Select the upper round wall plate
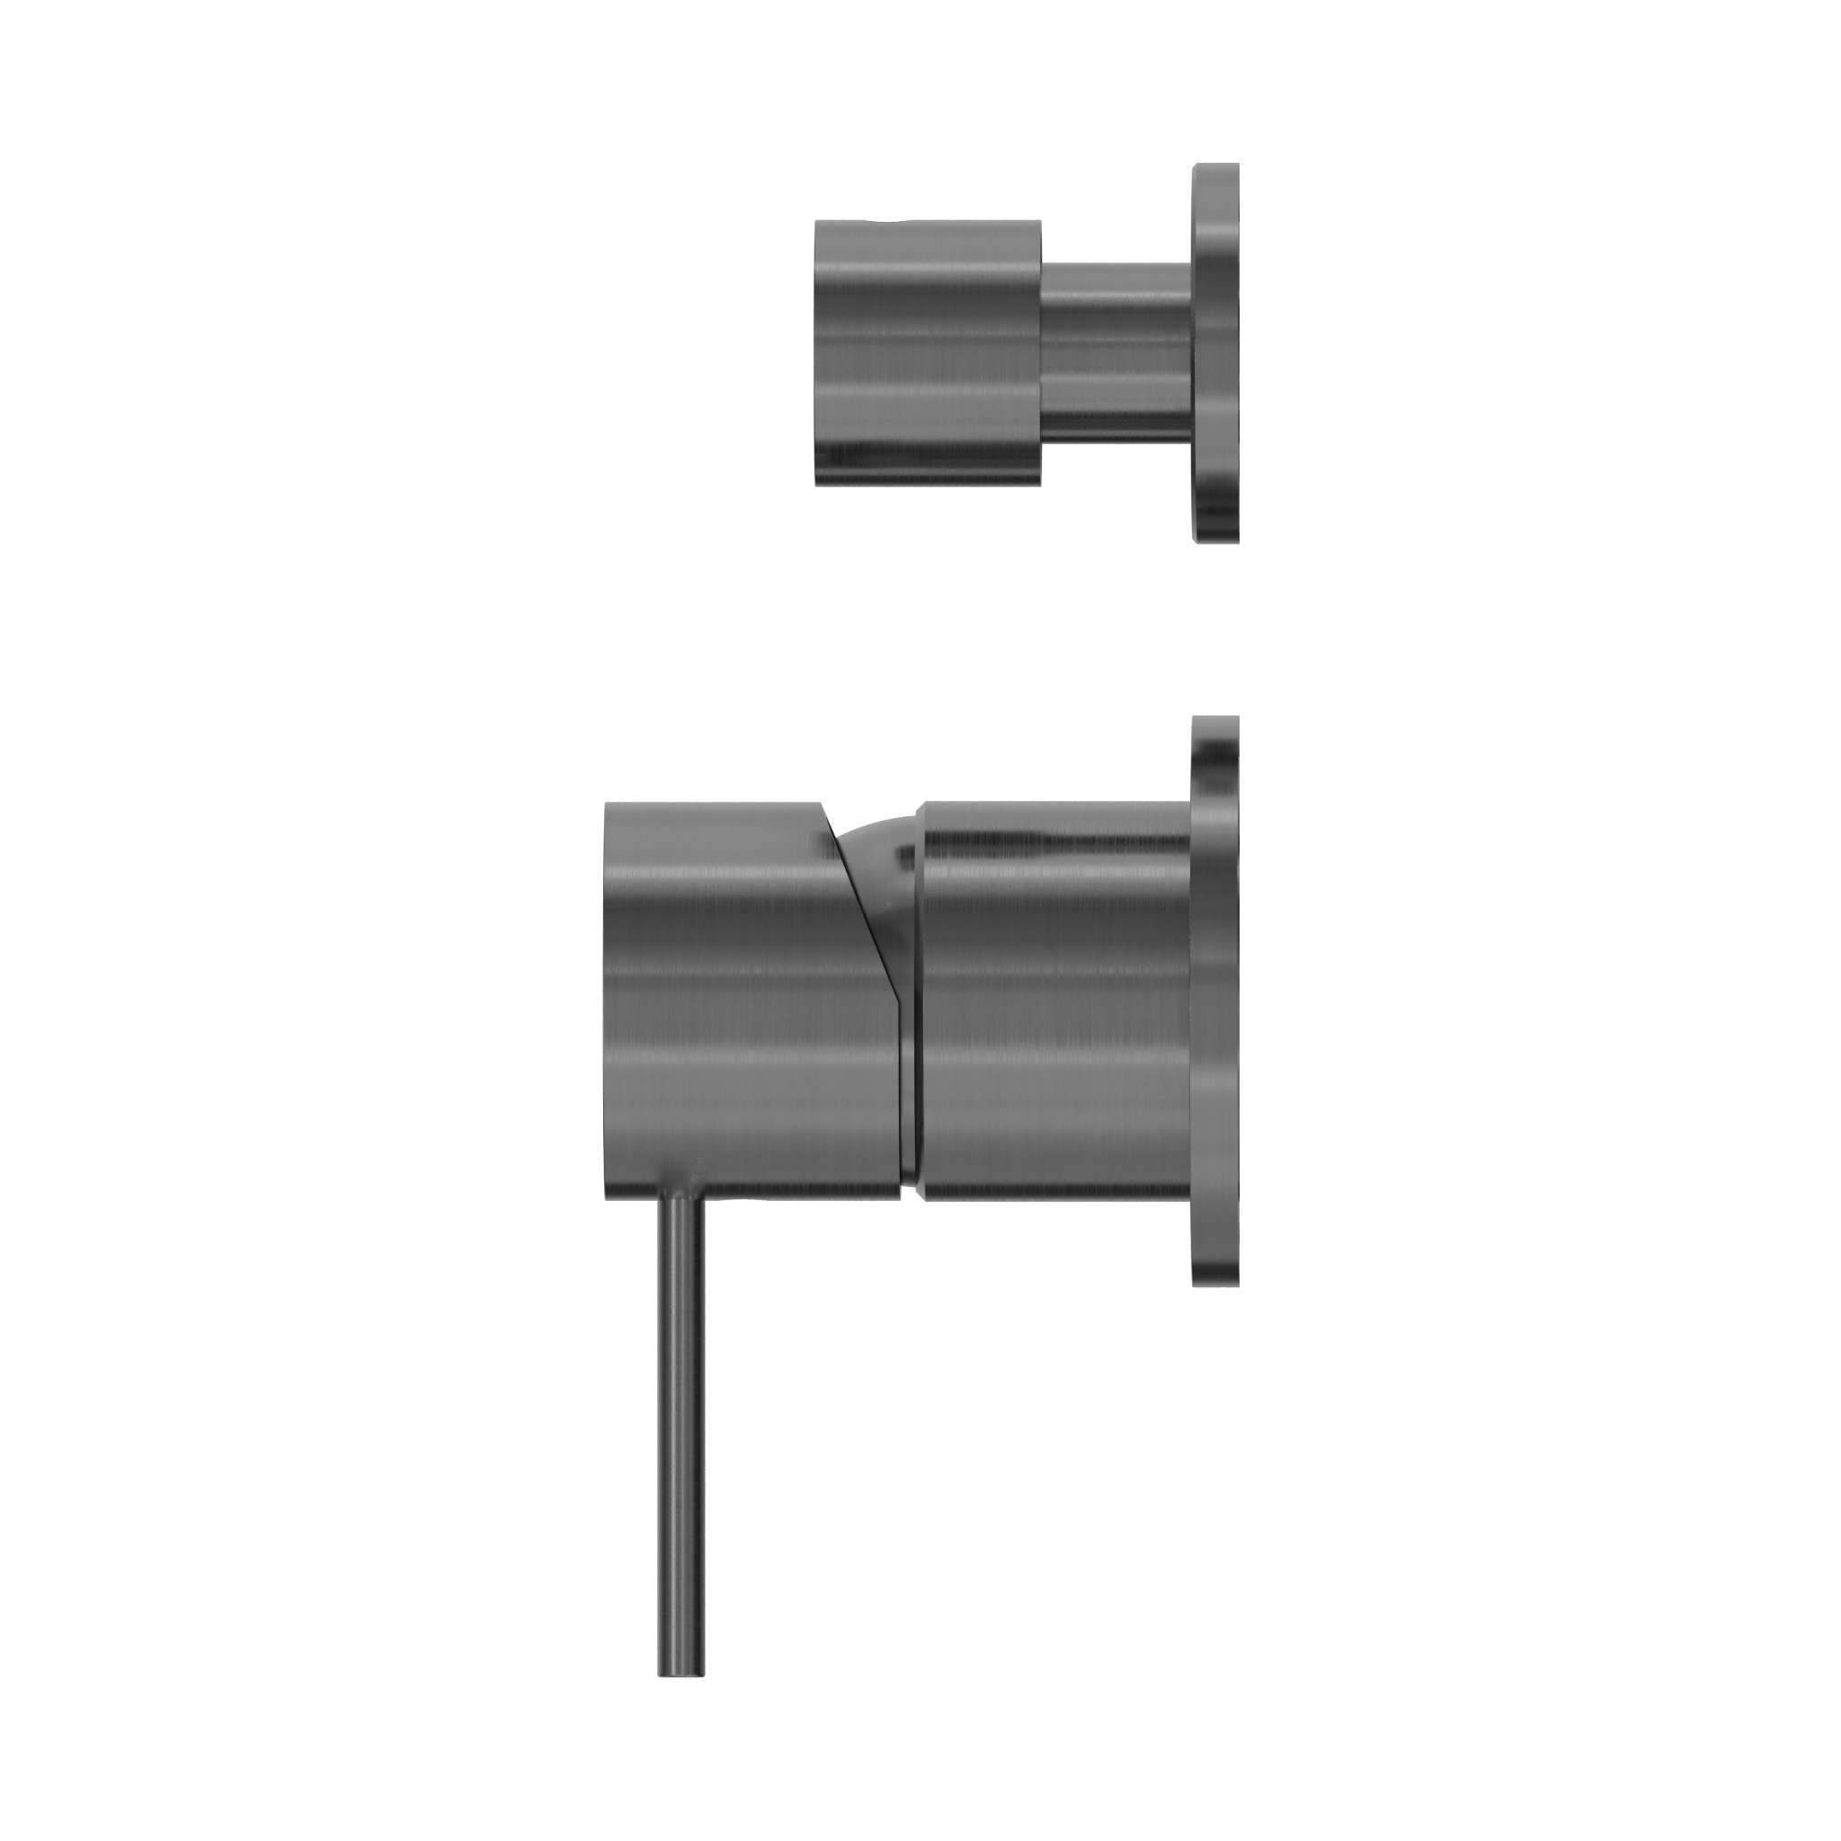[1216, 352]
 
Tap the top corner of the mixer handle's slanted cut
[822, 805]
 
